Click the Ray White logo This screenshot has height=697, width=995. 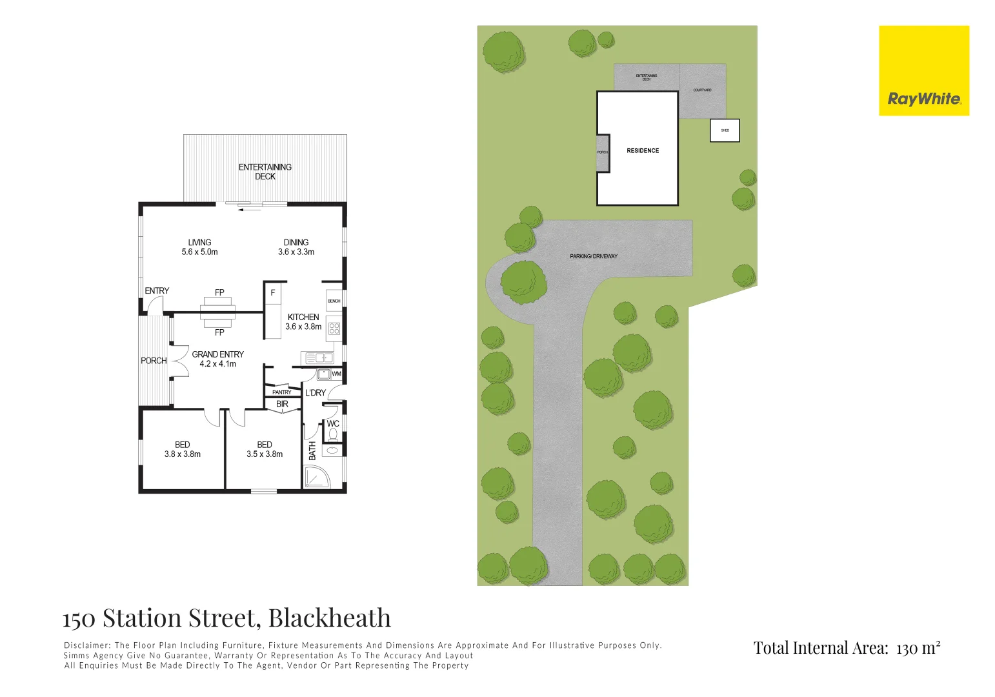(x=923, y=71)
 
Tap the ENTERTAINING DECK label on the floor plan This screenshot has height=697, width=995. (x=265, y=172)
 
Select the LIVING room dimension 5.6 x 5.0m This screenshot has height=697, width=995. (x=199, y=252)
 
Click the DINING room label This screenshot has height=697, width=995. (x=296, y=243)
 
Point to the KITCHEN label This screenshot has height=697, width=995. (x=303, y=317)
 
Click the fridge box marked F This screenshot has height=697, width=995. (x=272, y=293)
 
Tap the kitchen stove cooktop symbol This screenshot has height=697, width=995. (x=334, y=328)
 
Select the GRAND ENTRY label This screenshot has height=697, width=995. (x=217, y=354)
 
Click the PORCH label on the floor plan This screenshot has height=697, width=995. (x=154, y=361)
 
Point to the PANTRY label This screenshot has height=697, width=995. (x=282, y=392)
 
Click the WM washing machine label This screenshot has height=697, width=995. (x=336, y=374)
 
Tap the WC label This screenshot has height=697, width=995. (x=333, y=424)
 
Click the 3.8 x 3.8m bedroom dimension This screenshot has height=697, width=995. (x=183, y=454)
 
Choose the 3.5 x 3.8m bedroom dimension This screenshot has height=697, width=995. (x=265, y=454)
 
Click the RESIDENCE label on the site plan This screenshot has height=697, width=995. (x=643, y=150)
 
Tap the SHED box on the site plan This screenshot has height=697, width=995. (x=725, y=130)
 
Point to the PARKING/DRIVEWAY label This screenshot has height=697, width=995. (x=594, y=256)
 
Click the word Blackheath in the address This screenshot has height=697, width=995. (x=329, y=618)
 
